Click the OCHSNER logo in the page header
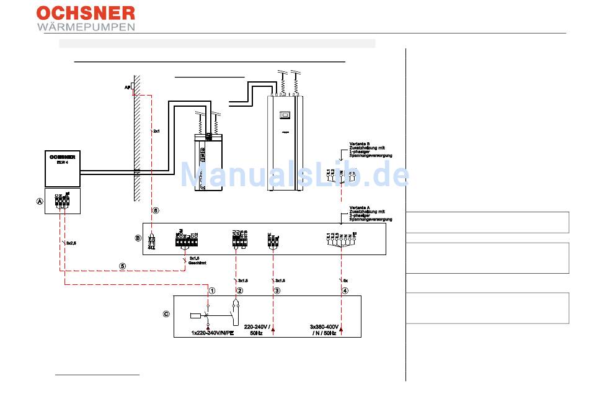[x=86, y=13]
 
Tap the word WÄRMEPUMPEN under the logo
[x=86, y=27]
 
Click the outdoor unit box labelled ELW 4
[x=63, y=168]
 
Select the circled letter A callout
[x=40, y=202]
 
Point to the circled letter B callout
[x=138, y=238]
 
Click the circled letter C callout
[x=166, y=314]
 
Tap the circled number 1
[x=212, y=290]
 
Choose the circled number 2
[x=239, y=290]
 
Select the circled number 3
[x=277, y=290]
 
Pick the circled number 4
[x=345, y=290]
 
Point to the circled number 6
[x=156, y=211]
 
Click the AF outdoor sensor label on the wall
[x=127, y=88]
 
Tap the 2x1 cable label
[x=157, y=132]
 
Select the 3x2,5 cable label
[x=71, y=243]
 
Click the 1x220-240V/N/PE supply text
[x=213, y=333]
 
